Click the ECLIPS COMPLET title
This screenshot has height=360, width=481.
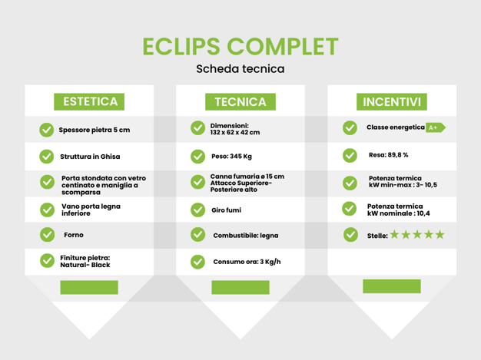coord(240,47)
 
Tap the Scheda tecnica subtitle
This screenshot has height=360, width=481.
coord(240,68)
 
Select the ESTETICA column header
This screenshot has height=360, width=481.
coord(89,102)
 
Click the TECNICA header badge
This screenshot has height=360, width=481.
coord(240,102)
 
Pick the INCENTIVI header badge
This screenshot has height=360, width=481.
coord(392,102)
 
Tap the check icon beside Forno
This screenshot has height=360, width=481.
coord(47,235)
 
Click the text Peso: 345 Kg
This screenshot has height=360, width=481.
coord(231,157)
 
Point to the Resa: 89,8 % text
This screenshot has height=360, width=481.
coord(388,155)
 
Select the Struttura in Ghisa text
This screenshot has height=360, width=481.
coord(90,157)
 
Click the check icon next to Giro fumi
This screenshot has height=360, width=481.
coord(198,210)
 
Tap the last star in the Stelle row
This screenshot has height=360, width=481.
coord(440,234)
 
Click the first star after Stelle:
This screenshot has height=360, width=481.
coord(394,234)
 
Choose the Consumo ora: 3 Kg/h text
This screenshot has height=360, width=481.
coord(247,262)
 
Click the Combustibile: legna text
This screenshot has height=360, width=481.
coord(246,236)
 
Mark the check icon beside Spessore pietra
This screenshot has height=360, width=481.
coord(47,130)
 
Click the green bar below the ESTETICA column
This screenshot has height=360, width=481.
coord(89,287)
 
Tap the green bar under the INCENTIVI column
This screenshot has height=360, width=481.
coord(392,286)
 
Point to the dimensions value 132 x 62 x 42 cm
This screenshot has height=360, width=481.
coord(235,132)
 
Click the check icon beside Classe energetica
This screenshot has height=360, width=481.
coord(350,127)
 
